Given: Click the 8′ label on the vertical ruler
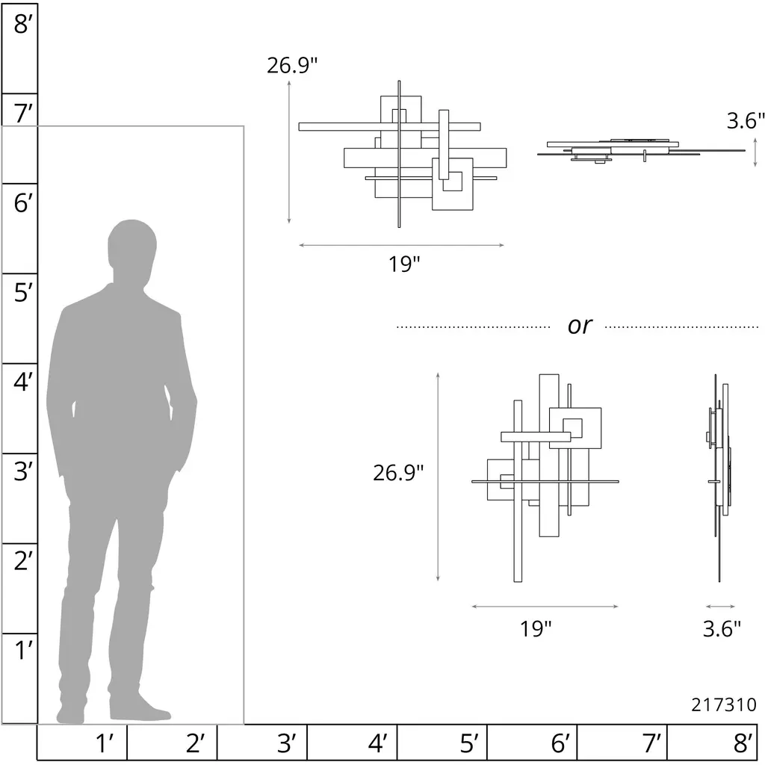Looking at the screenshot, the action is tap(23, 24).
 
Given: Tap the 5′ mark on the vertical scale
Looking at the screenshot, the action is tap(23, 293).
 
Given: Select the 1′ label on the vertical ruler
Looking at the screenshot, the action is tap(23, 651).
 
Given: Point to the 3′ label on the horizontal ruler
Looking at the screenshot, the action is tap(286, 743).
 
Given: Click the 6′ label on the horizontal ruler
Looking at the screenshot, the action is tap(560, 743).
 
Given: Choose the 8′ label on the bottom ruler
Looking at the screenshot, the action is tap(743, 743).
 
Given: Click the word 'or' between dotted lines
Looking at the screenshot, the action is tap(580, 326).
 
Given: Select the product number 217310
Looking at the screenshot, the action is tap(723, 704).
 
